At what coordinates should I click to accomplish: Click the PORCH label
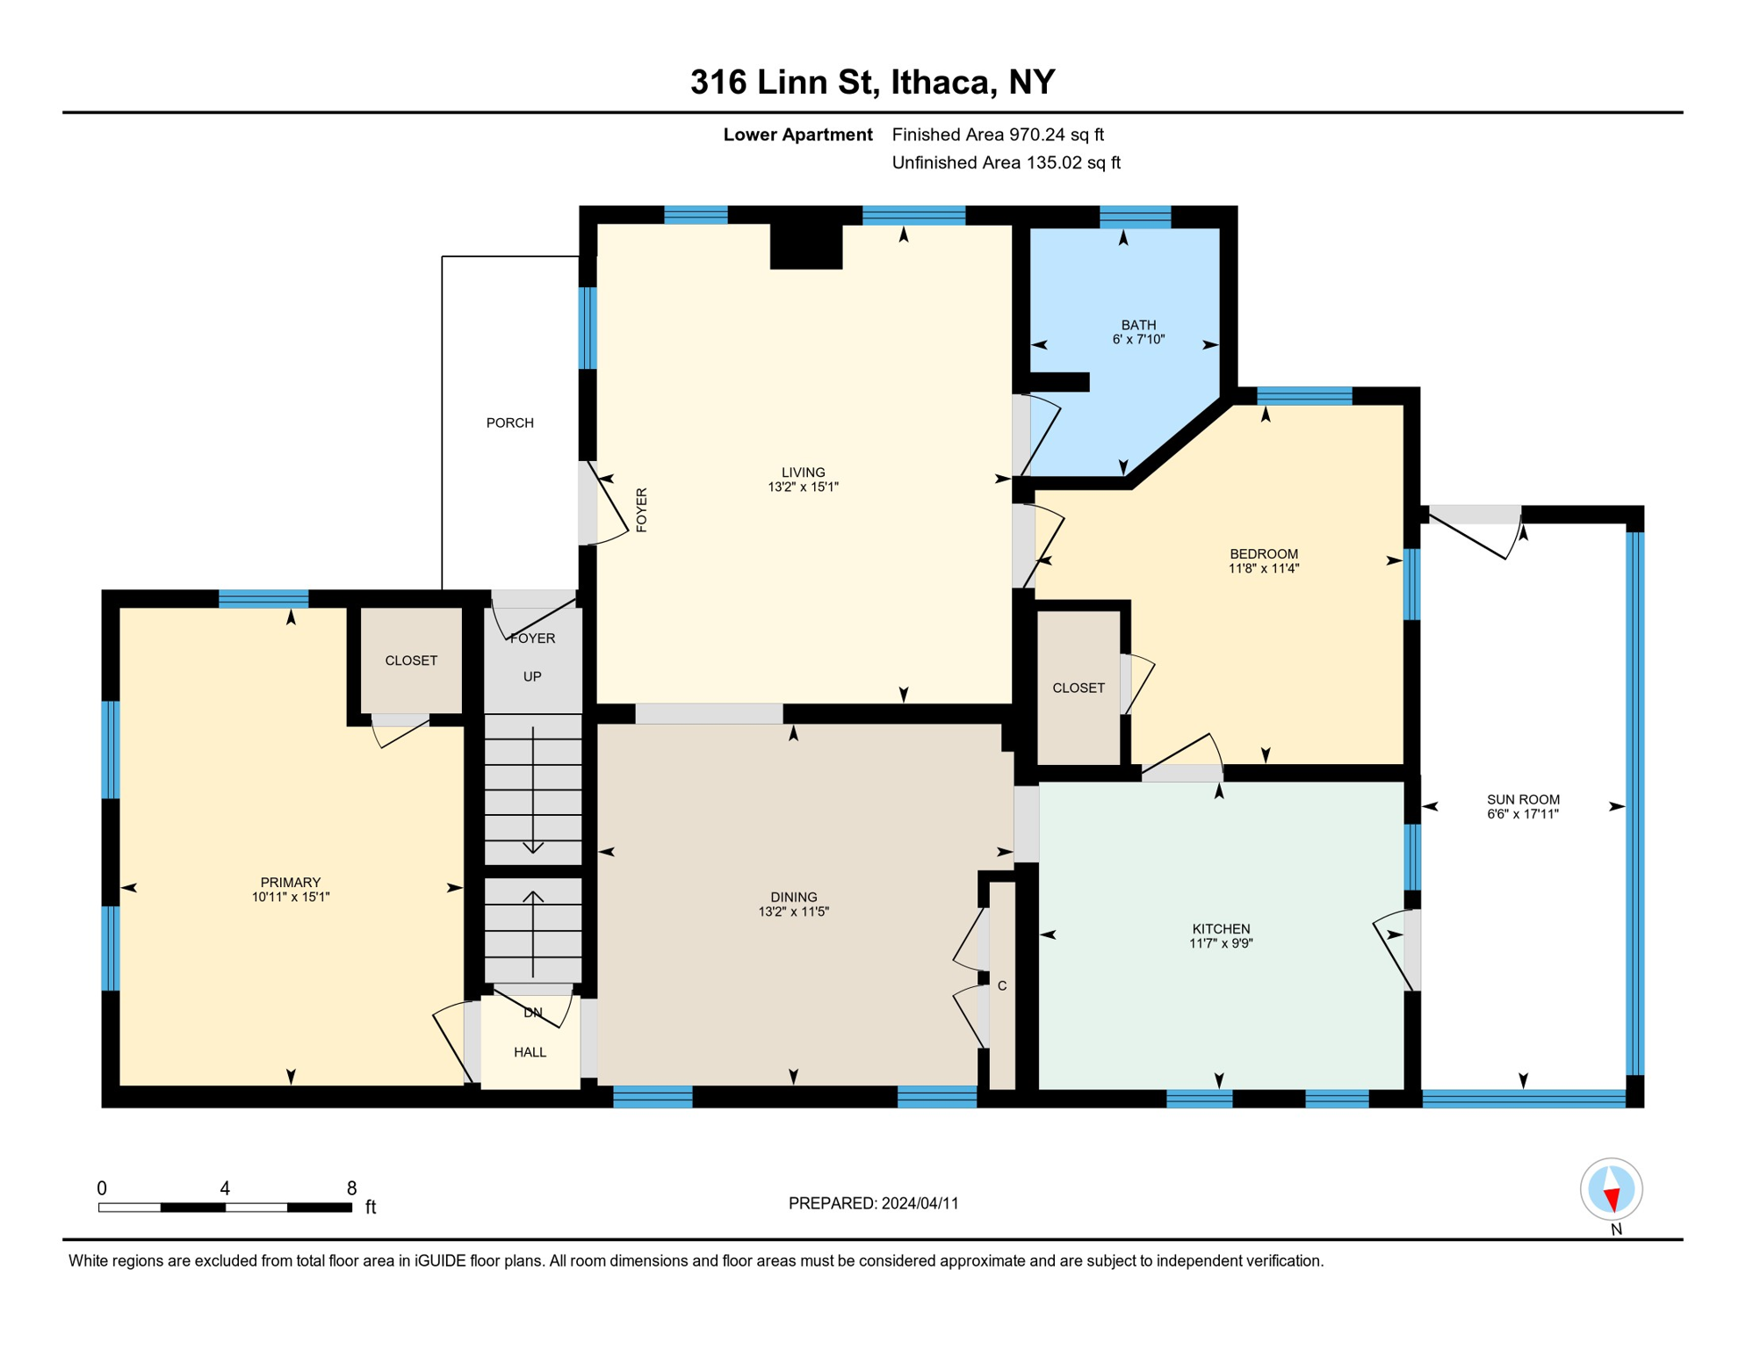tap(509, 423)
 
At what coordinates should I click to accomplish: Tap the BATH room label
tap(1138, 325)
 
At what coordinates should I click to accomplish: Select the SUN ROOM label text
tap(1523, 799)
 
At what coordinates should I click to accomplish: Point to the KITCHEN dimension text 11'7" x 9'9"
tap(1221, 943)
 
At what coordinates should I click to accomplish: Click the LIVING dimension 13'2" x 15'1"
tap(803, 487)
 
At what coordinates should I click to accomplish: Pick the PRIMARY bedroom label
tap(291, 883)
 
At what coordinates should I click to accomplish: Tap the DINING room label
tap(794, 897)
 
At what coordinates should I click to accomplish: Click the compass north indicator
tap(1612, 1190)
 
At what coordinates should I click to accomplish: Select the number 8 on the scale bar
tap(351, 1188)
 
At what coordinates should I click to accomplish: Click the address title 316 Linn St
tap(783, 82)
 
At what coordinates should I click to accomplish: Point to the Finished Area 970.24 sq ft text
tap(998, 134)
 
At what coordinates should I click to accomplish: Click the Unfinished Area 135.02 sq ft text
tap(1006, 162)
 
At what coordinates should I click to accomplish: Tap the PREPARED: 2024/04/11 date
tap(874, 1203)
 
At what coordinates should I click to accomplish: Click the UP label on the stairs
tap(532, 677)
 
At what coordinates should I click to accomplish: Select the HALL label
tap(530, 1052)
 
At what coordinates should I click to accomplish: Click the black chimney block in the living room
tap(806, 248)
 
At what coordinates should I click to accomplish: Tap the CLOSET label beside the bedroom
tap(1079, 688)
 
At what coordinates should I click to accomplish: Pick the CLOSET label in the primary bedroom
tap(411, 660)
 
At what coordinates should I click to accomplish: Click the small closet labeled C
tap(1002, 985)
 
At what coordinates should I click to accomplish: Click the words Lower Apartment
tap(797, 134)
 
